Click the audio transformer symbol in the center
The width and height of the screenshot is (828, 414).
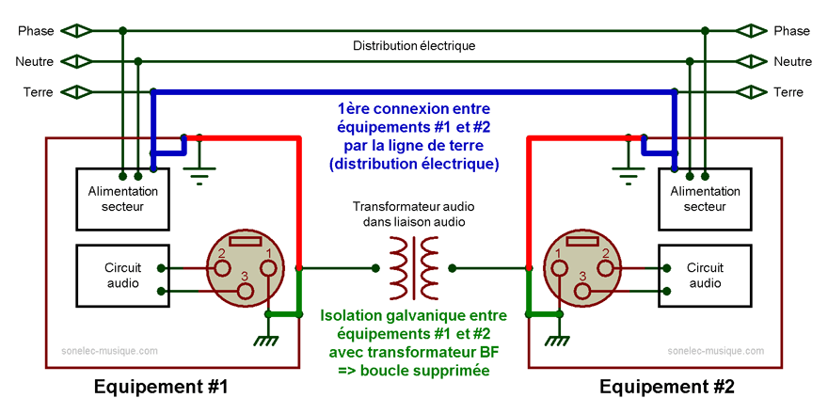pyautogui.click(x=414, y=267)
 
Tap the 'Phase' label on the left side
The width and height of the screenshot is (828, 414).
pyautogui.click(x=36, y=31)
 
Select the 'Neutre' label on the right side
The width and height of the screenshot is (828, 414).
pyautogui.click(x=792, y=61)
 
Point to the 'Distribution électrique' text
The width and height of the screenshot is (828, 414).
pyautogui.click(x=414, y=45)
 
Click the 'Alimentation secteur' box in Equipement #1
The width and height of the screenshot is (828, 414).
pyautogui.click(x=122, y=199)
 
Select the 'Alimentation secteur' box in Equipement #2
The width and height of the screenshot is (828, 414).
pyautogui.click(x=705, y=199)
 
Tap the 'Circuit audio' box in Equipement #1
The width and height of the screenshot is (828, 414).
pyautogui.click(x=122, y=276)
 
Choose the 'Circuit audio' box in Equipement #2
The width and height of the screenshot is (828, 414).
pyautogui.click(x=705, y=276)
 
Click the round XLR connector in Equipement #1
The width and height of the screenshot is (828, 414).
pyautogui.click(x=246, y=270)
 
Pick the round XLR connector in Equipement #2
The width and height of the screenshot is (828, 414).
pyautogui.click(x=581, y=270)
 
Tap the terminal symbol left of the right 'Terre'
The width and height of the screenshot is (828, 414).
pyautogui.click(x=750, y=92)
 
